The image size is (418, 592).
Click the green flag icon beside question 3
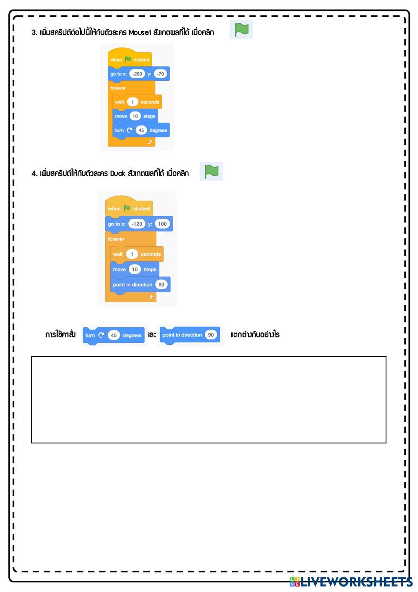[242, 30]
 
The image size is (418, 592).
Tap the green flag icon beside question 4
[212, 171]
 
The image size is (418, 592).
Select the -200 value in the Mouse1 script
[137, 74]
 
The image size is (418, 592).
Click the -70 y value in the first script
[160, 74]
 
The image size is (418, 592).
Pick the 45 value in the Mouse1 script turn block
[141, 130]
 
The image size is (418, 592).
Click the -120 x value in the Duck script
[137, 224]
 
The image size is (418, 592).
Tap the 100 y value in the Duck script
[162, 224]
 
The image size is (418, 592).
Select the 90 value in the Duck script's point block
[161, 285]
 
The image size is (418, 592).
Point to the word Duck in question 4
[118, 174]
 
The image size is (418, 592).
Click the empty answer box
[209, 399]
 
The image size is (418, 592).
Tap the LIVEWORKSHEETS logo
[351, 582]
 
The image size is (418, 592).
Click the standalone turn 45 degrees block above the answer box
[114, 335]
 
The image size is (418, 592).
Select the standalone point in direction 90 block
[190, 335]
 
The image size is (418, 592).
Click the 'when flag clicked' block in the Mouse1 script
[129, 59]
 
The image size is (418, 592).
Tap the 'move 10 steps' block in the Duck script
[135, 270]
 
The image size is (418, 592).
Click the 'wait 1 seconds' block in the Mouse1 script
[137, 102]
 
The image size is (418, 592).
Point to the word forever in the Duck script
[116, 239]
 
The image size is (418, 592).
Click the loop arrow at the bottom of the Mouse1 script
[150, 142]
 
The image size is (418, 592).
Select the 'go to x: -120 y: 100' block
[139, 224]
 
